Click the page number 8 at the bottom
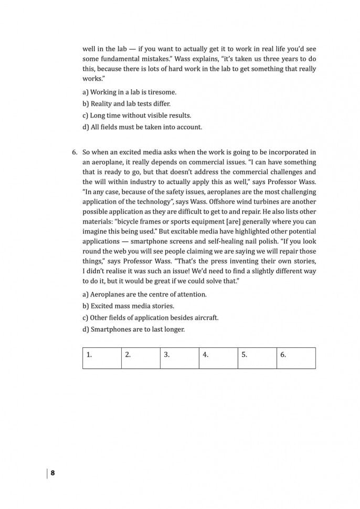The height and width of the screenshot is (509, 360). tap(52, 473)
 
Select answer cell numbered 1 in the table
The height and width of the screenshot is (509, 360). tap(102, 358)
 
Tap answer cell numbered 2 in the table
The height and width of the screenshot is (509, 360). tap(141, 358)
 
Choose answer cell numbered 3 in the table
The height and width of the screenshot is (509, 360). tap(179, 358)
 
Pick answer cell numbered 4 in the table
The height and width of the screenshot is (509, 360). tap(218, 358)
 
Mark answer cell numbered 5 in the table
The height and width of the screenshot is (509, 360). tap(257, 358)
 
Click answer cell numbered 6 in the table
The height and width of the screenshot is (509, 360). tap(296, 358)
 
